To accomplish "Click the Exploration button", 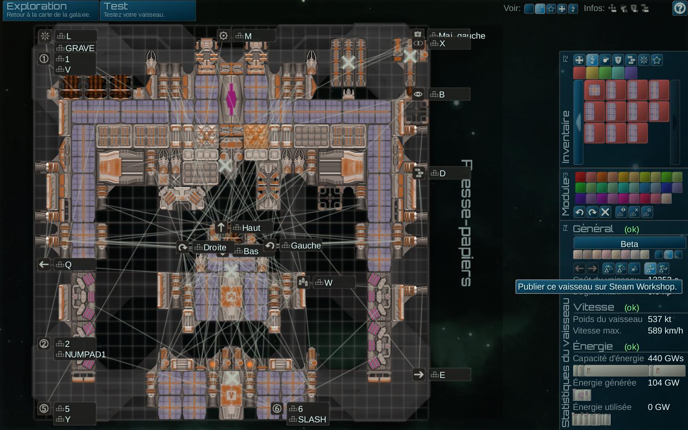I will [x=50, y=10].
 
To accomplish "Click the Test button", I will [x=147, y=10].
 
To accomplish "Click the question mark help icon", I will [x=679, y=8].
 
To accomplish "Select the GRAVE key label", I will [x=79, y=48].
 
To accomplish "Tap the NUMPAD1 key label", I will [x=85, y=355].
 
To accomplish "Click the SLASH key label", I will [x=312, y=419].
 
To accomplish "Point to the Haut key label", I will [x=251, y=228].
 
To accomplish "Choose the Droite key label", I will [x=215, y=247].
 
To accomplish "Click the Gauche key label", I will [x=306, y=246].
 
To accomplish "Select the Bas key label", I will [x=251, y=251].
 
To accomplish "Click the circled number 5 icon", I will [x=44, y=408].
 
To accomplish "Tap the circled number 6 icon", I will [x=277, y=408].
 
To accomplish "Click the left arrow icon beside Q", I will [x=44, y=264].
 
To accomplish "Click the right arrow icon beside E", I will [x=419, y=375].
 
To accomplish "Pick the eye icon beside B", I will [x=418, y=94].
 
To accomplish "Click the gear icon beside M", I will [x=223, y=36].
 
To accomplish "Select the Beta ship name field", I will [x=629, y=244].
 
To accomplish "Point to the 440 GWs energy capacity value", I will [x=665, y=358].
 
